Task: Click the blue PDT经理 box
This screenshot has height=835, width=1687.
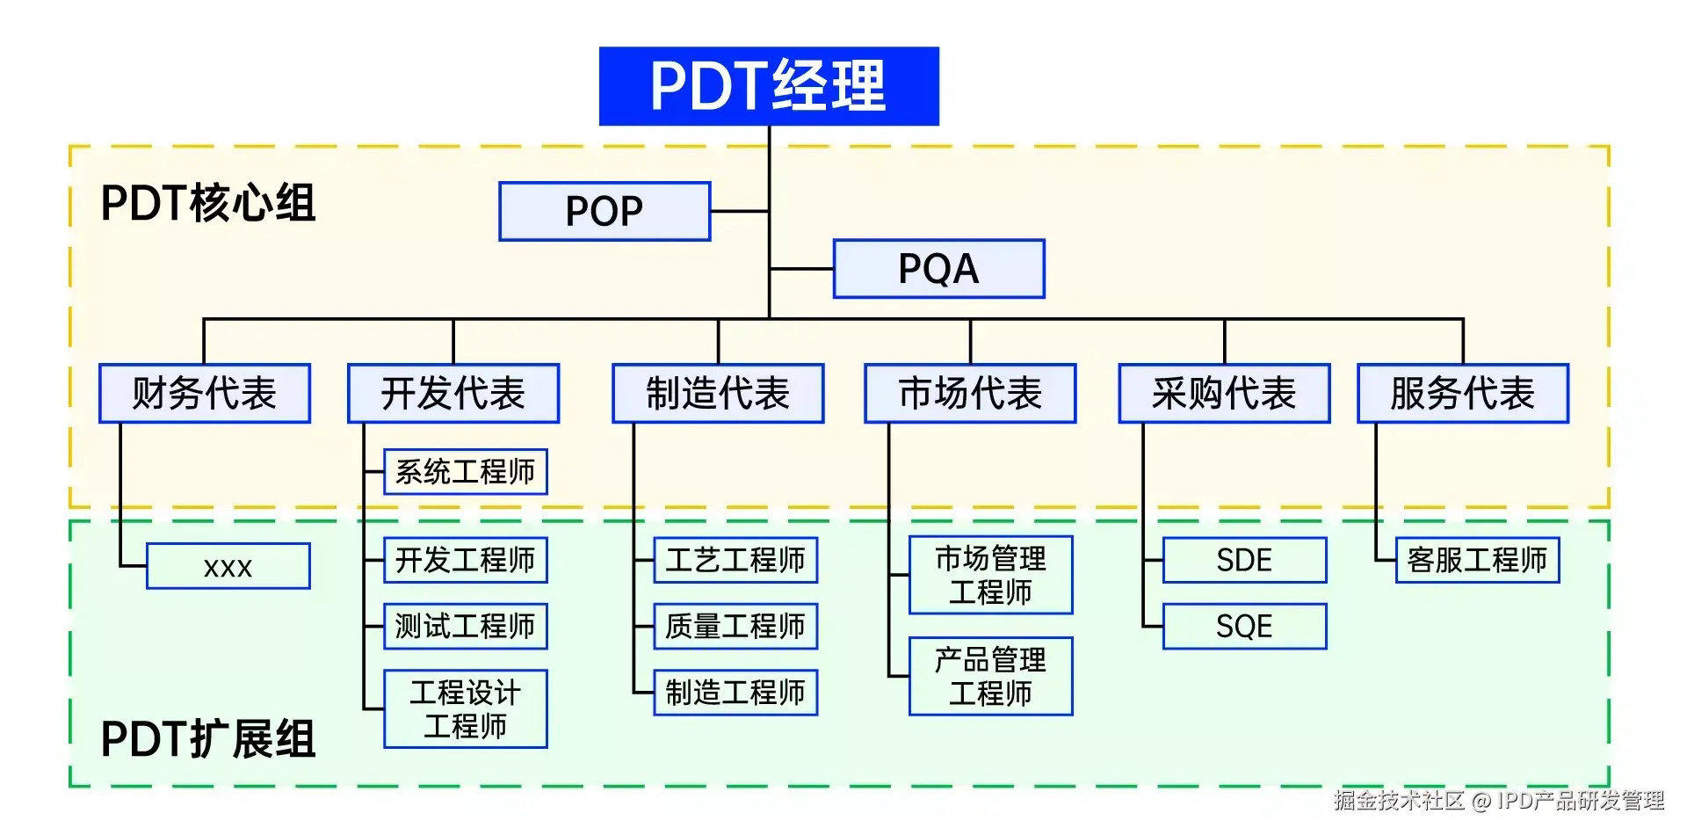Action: [769, 86]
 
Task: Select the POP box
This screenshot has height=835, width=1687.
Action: [605, 211]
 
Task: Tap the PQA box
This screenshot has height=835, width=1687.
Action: [938, 269]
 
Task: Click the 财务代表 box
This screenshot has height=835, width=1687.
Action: [205, 394]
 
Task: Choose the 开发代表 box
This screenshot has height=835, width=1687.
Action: [453, 394]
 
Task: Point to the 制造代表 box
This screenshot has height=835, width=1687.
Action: [718, 394]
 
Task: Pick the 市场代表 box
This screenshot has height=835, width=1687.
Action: [970, 394]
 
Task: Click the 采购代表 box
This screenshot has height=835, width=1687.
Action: [1224, 394]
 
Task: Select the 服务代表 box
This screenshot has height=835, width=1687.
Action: [1463, 394]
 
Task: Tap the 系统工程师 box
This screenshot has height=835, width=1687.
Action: [466, 472]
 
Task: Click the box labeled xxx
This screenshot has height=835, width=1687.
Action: [228, 567]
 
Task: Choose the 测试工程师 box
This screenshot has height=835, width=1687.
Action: [466, 627]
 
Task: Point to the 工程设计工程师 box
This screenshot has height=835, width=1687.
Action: [466, 709]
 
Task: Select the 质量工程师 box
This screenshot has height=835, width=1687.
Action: [735, 627]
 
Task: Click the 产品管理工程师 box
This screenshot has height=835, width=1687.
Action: [990, 677]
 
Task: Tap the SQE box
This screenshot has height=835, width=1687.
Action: [1244, 627]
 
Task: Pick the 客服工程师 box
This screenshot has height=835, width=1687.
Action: [1477, 560]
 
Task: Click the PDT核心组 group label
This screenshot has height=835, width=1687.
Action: [208, 203]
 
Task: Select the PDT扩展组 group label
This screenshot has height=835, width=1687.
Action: [208, 738]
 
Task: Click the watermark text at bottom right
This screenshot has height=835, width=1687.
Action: [1498, 801]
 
